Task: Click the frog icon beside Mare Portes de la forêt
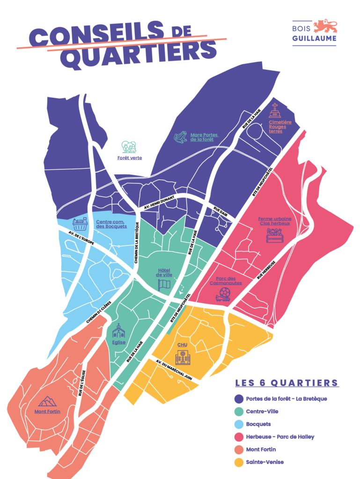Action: pos(180,137)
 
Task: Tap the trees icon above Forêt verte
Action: pos(129,147)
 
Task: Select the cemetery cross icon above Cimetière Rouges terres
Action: pos(275,110)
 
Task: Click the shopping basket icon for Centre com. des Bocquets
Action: pos(81,224)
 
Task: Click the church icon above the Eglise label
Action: pos(119,331)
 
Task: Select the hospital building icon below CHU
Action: pos(183,358)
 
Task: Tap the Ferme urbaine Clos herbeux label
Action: pos(274,221)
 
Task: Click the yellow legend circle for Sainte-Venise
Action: pos(239,462)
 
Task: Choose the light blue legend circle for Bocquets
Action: pos(239,424)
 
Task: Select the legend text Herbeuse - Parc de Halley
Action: pos(280,436)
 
